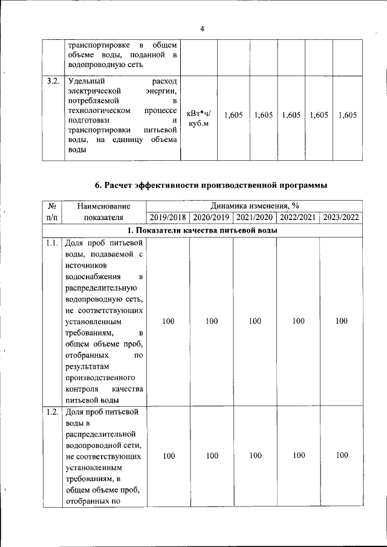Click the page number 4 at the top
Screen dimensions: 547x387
tap(202, 29)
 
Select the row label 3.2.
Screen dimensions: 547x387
tap(53, 80)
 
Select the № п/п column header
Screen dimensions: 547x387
tap(51, 212)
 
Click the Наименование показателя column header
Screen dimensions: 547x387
tap(103, 212)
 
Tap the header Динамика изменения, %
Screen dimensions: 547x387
tap(255, 206)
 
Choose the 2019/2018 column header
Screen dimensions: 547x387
tap(168, 218)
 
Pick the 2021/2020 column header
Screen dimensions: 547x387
tap(255, 218)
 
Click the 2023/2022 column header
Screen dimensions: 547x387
tap(342, 218)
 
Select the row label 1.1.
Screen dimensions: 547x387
tap(52, 244)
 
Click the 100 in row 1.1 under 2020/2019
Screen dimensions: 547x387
tap(211, 322)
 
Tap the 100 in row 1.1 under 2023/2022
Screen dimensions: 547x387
tap(342, 322)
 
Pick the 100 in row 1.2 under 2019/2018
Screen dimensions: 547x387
tap(168, 456)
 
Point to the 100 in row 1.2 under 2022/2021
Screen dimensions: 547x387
tap(298, 456)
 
